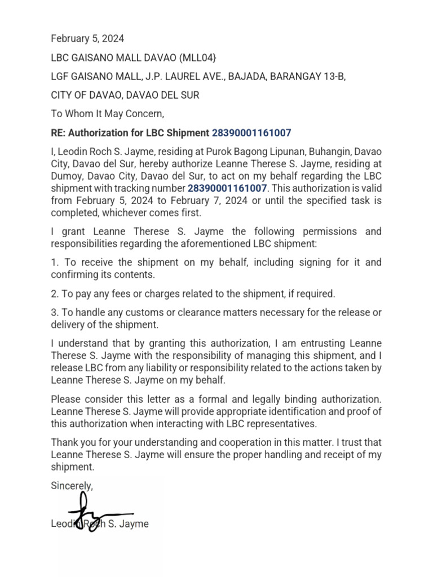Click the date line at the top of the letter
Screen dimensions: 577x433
point(87,39)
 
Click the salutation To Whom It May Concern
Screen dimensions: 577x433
point(107,114)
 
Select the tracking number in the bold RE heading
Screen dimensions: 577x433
point(251,133)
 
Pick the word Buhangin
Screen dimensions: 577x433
point(326,152)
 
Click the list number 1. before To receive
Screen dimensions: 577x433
point(55,263)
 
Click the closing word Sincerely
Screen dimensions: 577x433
point(72,485)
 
